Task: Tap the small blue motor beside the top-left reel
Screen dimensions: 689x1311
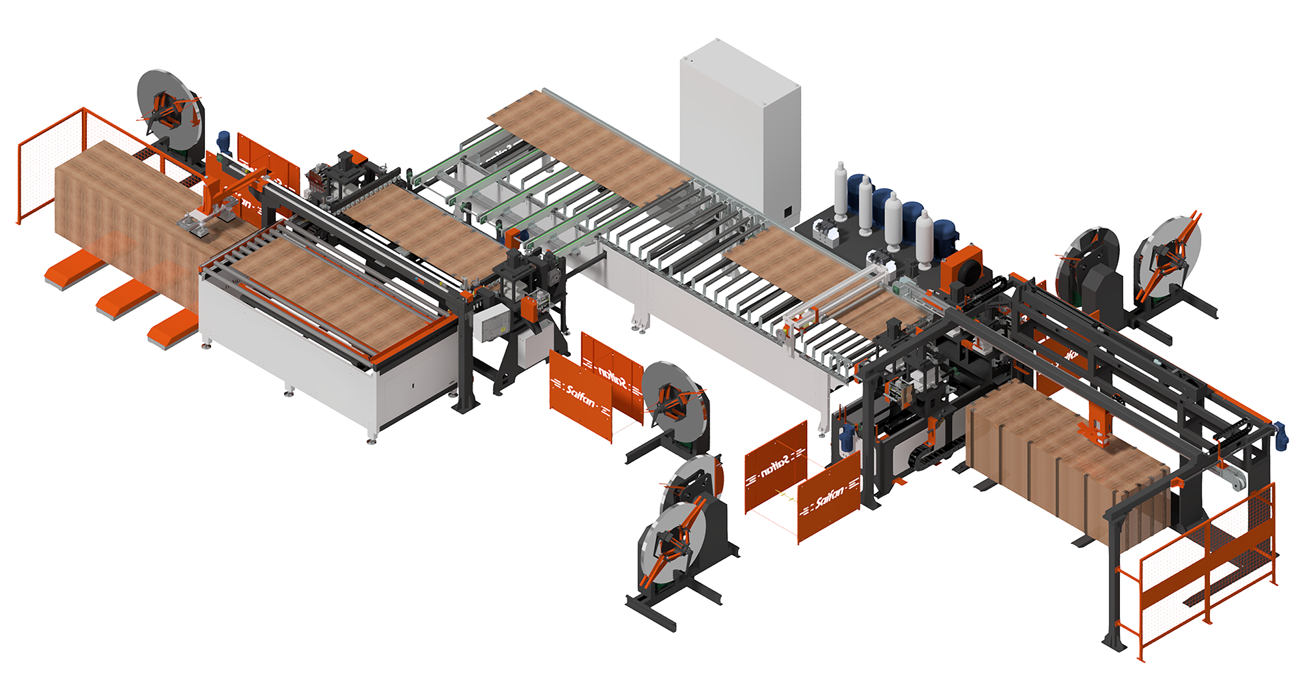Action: pos(223,141)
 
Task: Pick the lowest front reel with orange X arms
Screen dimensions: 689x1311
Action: pos(673,546)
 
